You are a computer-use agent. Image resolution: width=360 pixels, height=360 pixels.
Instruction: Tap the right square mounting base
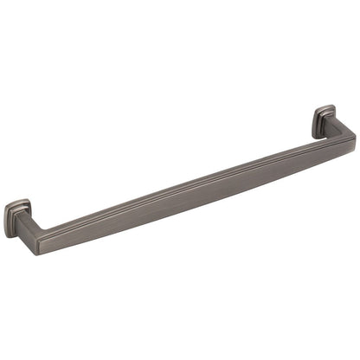pyautogui.click(x=323, y=121)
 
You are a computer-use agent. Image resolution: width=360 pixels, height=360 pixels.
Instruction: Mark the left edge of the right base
pyautogui.click(x=313, y=123)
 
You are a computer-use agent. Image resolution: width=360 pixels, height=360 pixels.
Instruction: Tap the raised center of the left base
pyautogui.click(x=17, y=217)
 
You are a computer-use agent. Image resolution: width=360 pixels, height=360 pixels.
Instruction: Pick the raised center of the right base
pyautogui.click(x=325, y=120)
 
